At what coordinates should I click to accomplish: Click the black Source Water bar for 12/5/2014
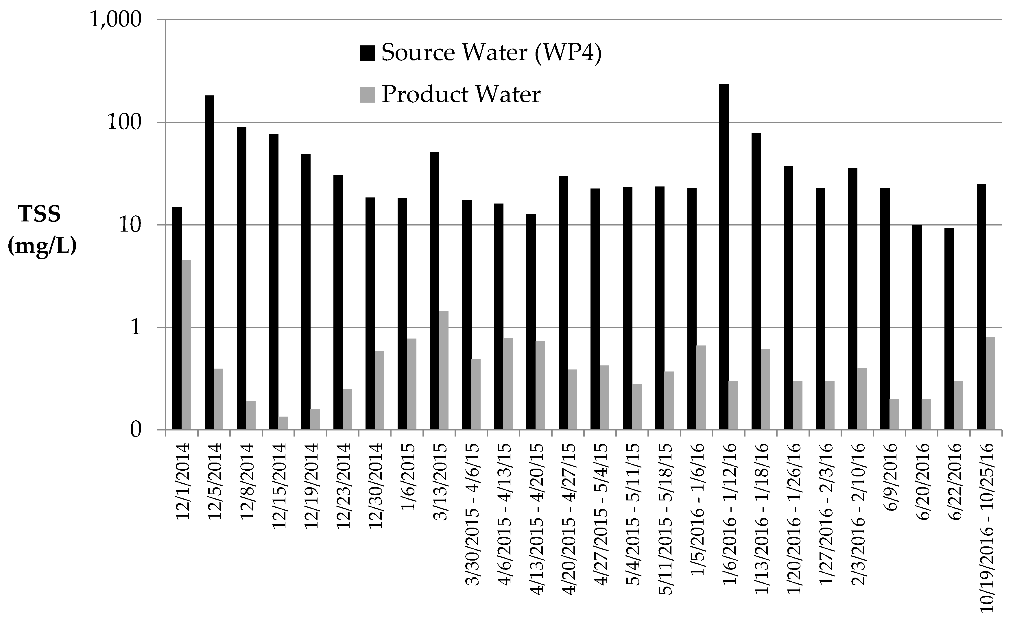point(209,264)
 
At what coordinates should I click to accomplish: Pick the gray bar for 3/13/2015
point(444,371)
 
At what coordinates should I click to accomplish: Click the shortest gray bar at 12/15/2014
point(283,424)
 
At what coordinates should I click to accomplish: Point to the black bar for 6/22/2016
point(949,330)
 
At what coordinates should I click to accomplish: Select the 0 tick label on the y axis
point(136,430)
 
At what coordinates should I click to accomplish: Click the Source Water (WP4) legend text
point(491,53)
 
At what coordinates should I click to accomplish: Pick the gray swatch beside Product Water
point(367,95)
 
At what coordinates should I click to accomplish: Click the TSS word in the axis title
point(40,215)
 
